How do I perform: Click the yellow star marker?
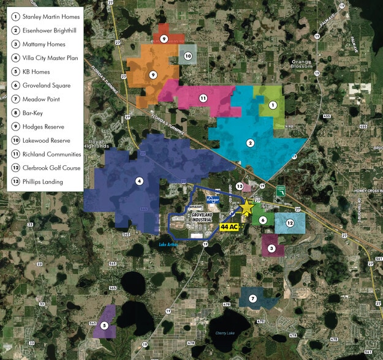[x=246, y=209]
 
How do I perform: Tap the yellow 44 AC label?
[x=229, y=227]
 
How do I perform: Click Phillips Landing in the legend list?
[x=46, y=182]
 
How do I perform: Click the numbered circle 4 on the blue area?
[x=139, y=181]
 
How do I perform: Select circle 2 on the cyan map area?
[x=250, y=143]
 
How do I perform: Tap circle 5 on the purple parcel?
[x=104, y=325]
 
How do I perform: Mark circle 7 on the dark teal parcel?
[x=252, y=298]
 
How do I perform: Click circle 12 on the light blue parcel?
[x=290, y=223]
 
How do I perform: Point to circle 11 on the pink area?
[x=203, y=98]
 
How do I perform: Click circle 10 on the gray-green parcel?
[x=188, y=56]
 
